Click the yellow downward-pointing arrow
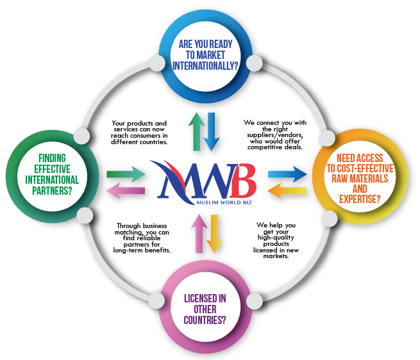(214, 236)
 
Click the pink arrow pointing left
(126, 190)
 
